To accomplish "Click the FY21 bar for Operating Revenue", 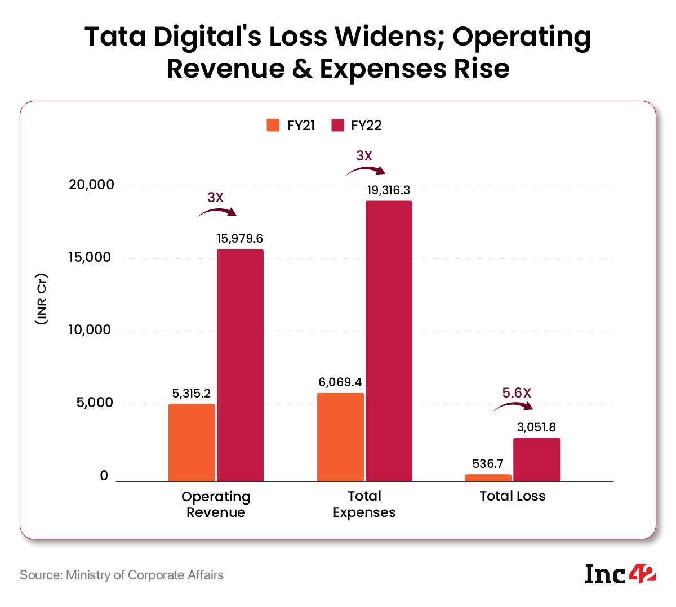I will coord(192,443).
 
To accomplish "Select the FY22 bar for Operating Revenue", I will coord(240,366).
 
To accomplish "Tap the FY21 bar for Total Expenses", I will coord(340,437).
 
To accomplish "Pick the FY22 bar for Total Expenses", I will coord(389,341).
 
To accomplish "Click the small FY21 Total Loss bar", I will coord(488,478).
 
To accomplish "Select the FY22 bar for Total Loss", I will coord(536,459).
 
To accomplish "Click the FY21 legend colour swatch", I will coord(273,125).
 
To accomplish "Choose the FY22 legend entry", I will coord(357,125).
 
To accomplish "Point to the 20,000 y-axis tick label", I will coord(91,185).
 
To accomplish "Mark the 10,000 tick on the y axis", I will coord(90,330).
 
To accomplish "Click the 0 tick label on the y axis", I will coord(104,476).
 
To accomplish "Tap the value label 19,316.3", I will coord(389,190).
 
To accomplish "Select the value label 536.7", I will coord(488,464).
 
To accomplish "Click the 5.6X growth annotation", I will coord(517,393).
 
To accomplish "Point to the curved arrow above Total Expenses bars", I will coord(365,170).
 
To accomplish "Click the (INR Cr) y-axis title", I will coord(41,298).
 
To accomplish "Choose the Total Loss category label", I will coord(512,496).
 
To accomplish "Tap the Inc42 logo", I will coord(620,574).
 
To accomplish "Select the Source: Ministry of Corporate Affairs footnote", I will coord(122,575).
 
